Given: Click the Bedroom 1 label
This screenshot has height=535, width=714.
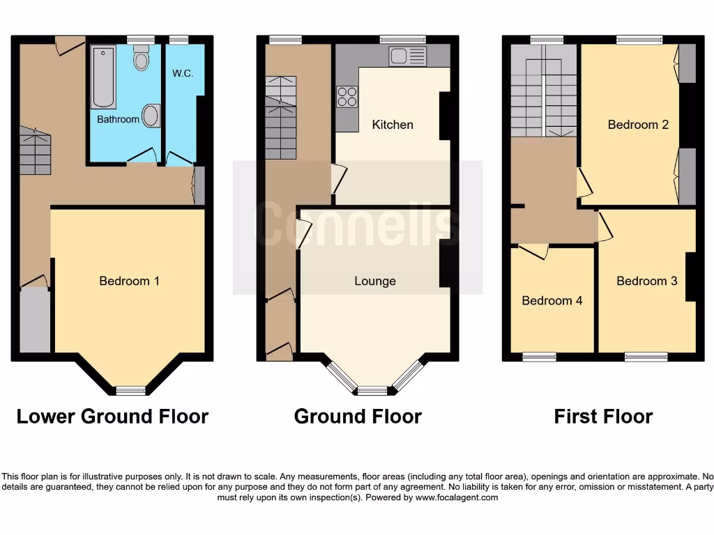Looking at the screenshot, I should pos(129,281).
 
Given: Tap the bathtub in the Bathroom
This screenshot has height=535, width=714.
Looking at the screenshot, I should pos(103,77).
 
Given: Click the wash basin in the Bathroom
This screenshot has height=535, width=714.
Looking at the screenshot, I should pos(151,116).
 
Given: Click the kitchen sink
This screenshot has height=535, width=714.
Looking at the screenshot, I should pos(407,56).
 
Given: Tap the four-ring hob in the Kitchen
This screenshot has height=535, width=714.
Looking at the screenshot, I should pos(347,97).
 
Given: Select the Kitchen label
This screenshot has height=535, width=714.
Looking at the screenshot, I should pos(393,125).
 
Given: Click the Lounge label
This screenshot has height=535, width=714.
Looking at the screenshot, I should pos(375,281).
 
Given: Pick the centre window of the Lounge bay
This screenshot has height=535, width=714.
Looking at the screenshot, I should pos(372,390).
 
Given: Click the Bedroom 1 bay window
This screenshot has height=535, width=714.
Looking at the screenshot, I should pos(130,390).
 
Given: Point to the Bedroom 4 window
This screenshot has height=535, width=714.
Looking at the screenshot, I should pos(540,357).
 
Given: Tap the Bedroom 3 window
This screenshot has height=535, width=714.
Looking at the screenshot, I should pos(646,357).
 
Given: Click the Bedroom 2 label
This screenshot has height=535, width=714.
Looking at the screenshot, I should pos(638,125).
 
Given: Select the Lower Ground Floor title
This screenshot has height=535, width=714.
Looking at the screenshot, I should pos(112,417).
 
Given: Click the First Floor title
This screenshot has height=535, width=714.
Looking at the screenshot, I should pos(603,417).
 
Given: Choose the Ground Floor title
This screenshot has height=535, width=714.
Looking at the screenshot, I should pos(358,417).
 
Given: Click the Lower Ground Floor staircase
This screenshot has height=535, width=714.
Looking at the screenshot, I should pos(35,152).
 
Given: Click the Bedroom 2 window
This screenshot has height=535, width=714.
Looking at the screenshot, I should pos(639,40).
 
